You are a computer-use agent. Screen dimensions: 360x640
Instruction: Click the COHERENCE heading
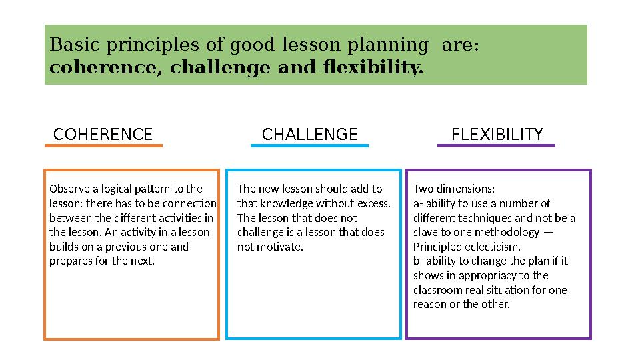pos(103,135)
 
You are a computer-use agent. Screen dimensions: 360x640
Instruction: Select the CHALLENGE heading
pos(310,135)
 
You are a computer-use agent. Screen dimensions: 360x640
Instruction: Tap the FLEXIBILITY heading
pos(497,135)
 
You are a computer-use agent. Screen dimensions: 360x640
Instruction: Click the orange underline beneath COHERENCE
pos(107,145)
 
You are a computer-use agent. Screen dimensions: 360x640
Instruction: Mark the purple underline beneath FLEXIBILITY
pos(496,145)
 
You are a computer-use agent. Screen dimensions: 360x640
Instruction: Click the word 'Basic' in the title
pos(69,46)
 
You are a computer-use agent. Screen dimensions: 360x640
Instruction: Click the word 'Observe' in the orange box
pos(68,189)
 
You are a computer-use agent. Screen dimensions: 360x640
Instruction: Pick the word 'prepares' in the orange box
pos(69,261)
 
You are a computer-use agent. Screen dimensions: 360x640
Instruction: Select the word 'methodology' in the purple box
pos(509,232)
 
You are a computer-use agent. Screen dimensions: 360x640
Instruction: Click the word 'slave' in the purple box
pos(427,232)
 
